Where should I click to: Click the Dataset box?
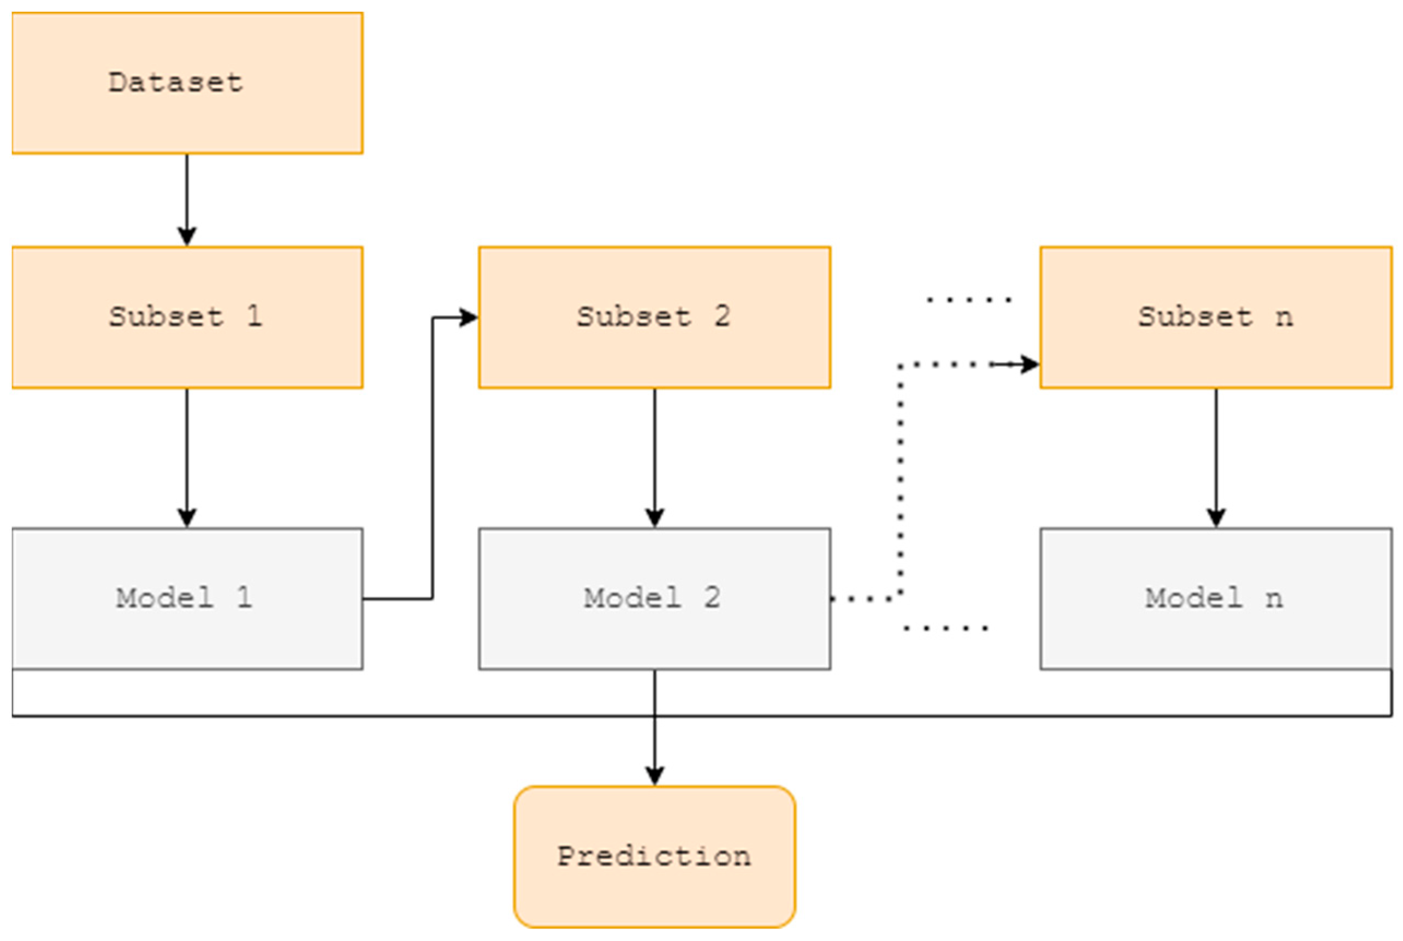pyautogui.click(x=187, y=83)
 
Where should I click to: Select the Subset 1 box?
pyautogui.click(x=187, y=318)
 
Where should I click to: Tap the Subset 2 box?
pyautogui.click(x=654, y=318)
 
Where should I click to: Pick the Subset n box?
pyautogui.click(x=1216, y=318)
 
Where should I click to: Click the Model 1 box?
pyautogui.click(x=187, y=598)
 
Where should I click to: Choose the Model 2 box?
pyautogui.click(x=654, y=598)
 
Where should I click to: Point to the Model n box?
pyautogui.click(x=1216, y=598)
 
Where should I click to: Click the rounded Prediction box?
pyautogui.click(x=654, y=856)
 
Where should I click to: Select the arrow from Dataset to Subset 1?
pyautogui.click(x=187, y=198)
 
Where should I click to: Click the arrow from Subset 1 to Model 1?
pyautogui.click(x=187, y=456)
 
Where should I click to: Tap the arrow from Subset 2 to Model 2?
pyautogui.click(x=654, y=456)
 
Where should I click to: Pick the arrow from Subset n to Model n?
pyautogui.click(x=1216, y=456)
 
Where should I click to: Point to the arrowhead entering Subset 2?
pyautogui.click(x=468, y=318)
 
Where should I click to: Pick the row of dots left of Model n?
pyautogui.click(x=945, y=628)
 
